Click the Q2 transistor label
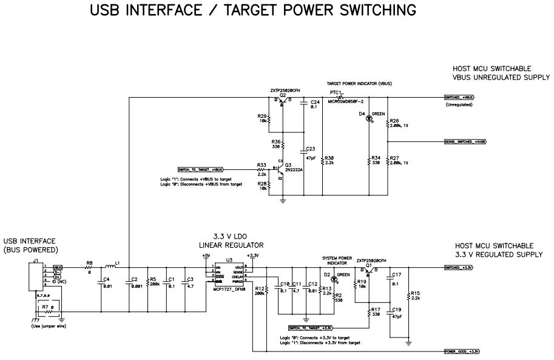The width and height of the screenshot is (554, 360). (283, 95)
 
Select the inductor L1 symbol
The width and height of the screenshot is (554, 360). (110, 267)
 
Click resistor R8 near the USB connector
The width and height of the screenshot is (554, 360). (89, 267)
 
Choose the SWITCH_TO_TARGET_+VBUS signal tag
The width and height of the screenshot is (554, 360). (200, 169)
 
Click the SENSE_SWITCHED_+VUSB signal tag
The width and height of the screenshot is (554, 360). (465, 141)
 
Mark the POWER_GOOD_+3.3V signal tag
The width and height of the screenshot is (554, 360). (461, 352)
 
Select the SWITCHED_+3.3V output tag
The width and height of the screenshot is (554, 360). (459, 267)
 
